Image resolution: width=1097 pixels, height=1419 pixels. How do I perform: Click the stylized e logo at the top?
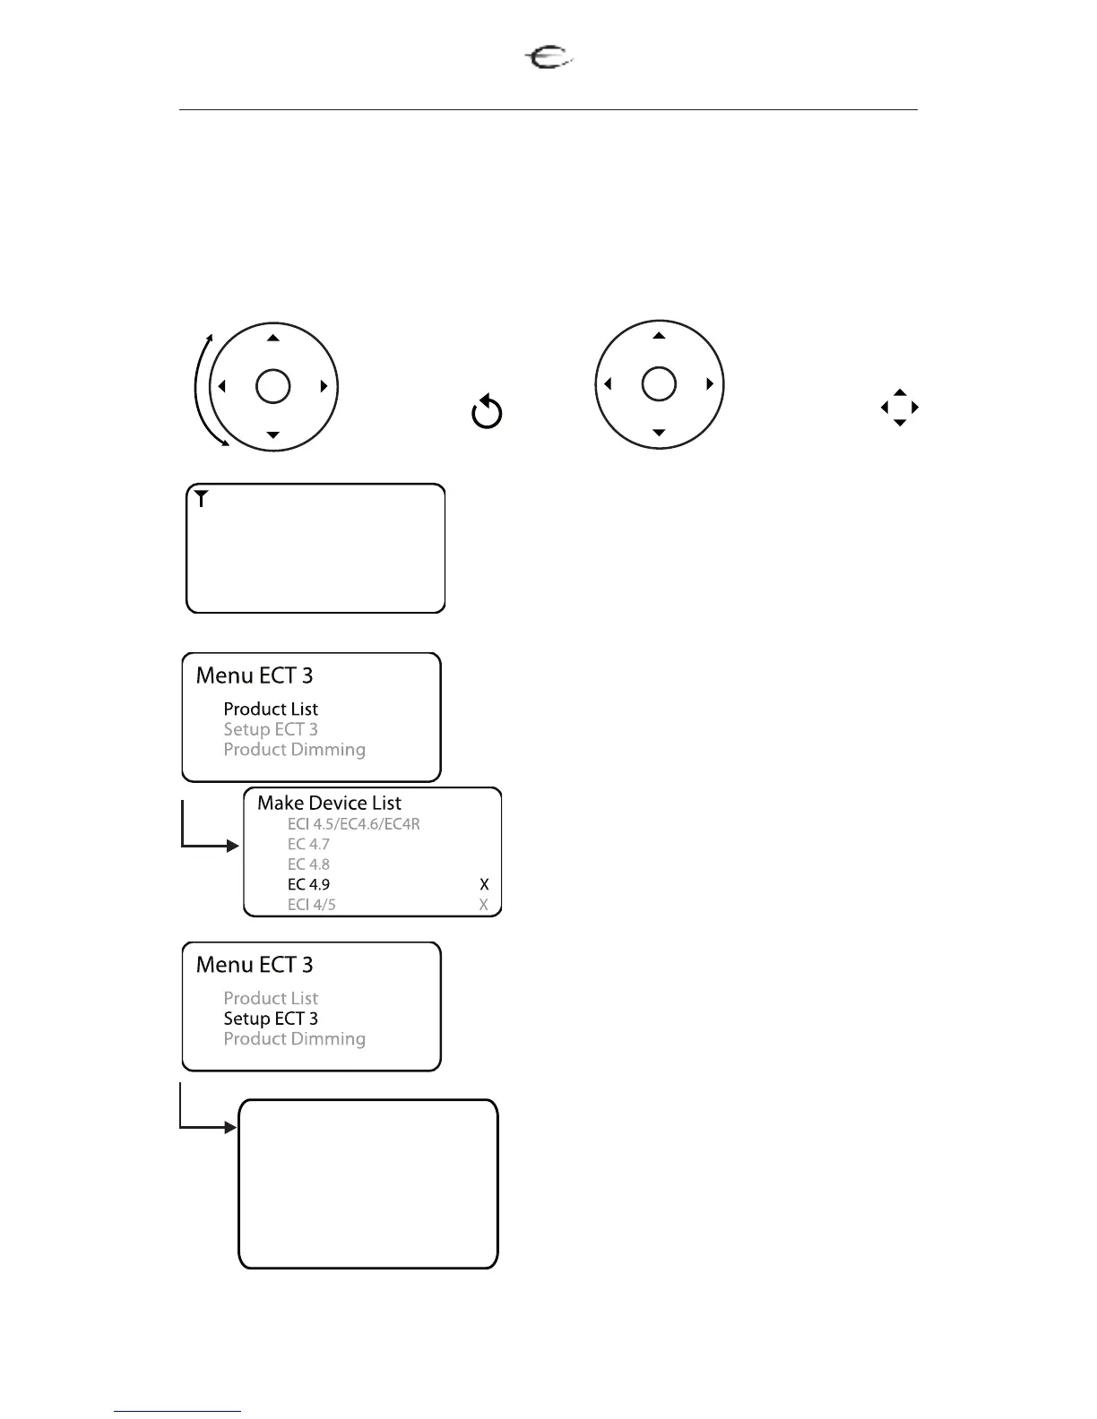[548, 59]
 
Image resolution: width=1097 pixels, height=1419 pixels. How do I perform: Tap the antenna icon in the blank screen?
[203, 499]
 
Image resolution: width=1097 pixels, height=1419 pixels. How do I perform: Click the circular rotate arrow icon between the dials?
[487, 412]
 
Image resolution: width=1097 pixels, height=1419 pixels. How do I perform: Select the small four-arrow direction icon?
[900, 408]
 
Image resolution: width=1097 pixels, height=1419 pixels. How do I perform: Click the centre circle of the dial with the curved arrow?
[273, 387]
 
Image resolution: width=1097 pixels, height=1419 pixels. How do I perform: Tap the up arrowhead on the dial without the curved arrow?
[659, 336]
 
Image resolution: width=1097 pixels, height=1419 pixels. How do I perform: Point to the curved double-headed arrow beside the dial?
[202, 390]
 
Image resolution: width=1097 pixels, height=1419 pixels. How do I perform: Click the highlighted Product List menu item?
[271, 709]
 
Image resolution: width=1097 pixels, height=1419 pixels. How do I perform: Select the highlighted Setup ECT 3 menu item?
[271, 1019]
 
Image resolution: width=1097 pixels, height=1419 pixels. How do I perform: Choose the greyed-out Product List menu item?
[271, 998]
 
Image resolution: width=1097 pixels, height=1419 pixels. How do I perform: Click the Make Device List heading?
[329, 803]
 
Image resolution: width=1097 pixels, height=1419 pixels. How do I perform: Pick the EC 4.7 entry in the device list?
[308, 844]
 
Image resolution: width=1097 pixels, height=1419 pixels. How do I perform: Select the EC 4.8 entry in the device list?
[308, 864]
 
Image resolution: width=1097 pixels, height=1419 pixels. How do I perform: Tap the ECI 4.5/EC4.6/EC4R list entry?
[353, 823]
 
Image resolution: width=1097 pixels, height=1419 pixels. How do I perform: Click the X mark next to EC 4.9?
[484, 884]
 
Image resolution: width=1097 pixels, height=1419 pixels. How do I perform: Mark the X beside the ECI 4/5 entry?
[484, 905]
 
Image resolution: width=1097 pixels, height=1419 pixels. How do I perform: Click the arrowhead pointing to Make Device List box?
[233, 846]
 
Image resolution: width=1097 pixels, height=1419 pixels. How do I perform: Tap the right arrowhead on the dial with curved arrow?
[324, 387]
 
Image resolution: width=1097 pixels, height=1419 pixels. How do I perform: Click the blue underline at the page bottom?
[177, 1411]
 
